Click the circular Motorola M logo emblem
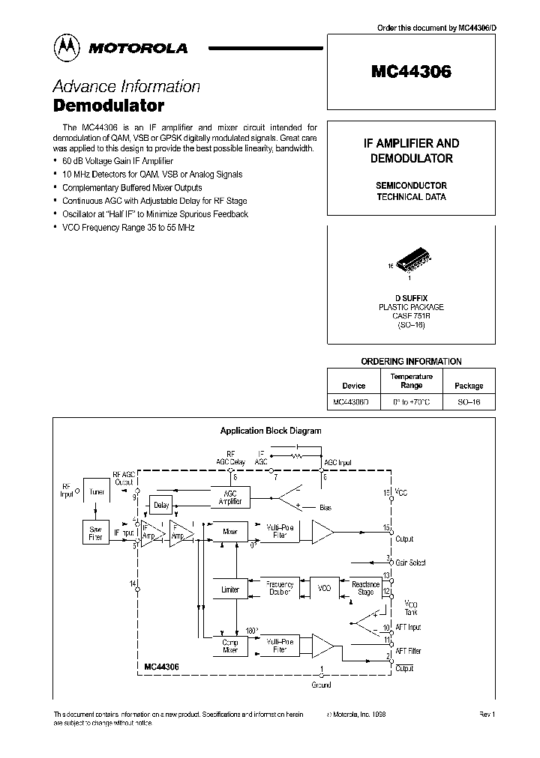click(67, 48)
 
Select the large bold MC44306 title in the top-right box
click(411, 72)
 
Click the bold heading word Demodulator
click(109, 106)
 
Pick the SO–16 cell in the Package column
click(469, 402)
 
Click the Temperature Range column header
click(411, 380)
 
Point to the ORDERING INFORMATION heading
click(411, 361)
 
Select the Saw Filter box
click(95, 533)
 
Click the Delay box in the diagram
click(161, 506)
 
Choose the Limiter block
click(230, 589)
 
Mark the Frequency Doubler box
click(280, 589)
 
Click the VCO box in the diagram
click(324, 589)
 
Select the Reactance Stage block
click(365, 589)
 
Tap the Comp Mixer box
click(230, 646)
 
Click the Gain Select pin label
click(409, 563)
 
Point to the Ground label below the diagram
click(320, 685)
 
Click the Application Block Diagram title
click(270, 431)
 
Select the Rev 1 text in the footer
click(487, 715)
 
